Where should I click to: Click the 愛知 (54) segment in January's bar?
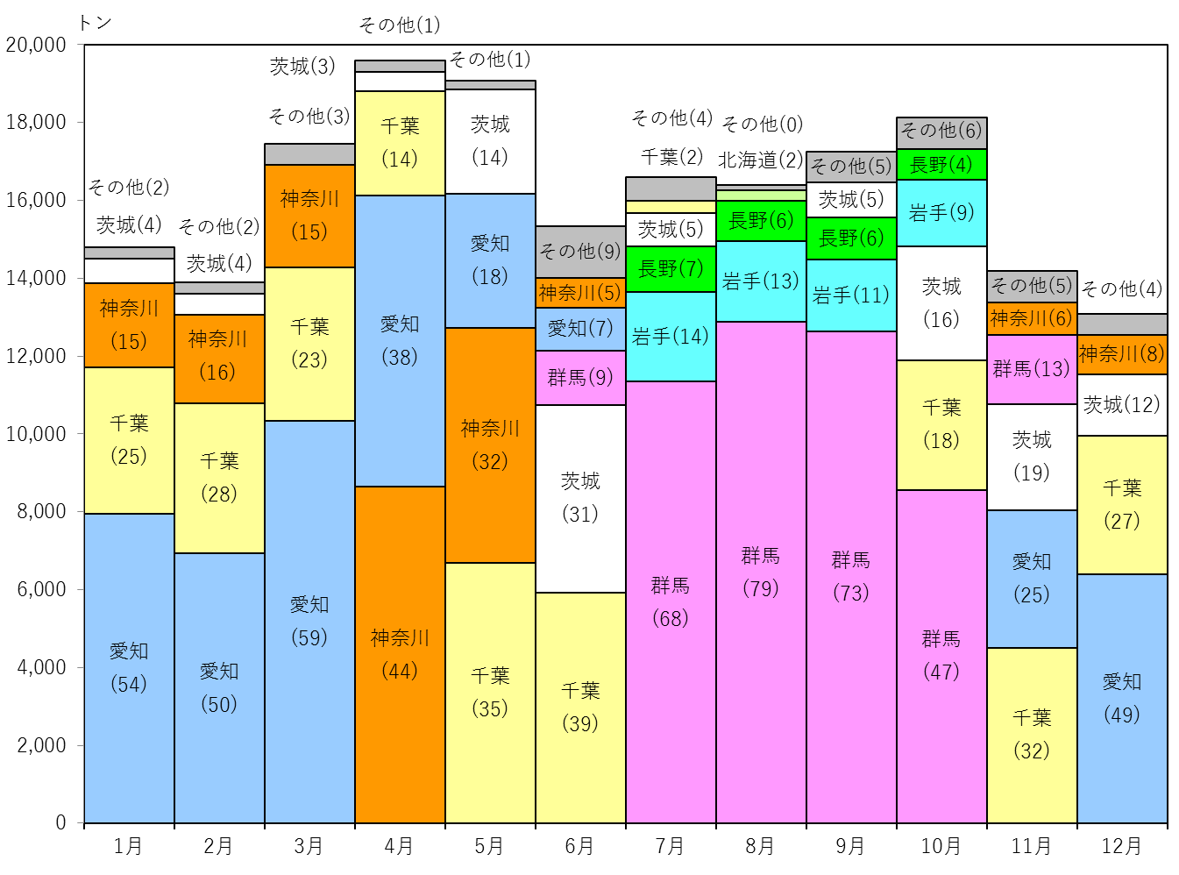click(129, 668)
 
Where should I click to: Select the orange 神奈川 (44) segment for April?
click(400, 655)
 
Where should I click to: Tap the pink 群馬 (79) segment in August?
click(761, 573)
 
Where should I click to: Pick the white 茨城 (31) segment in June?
click(580, 499)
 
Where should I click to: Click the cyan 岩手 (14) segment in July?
click(671, 337)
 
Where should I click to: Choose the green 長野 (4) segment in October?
click(941, 165)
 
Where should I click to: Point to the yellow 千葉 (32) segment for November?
click(1032, 736)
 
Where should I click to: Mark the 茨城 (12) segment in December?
click(1122, 405)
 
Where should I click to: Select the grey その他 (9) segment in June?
click(580, 253)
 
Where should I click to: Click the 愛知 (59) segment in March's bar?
click(310, 622)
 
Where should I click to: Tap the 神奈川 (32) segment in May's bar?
click(490, 445)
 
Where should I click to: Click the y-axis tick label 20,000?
click(36, 46)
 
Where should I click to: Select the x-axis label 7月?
click(670, 846)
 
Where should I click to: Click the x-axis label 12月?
click(1122, 846)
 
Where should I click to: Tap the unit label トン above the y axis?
click(95, 22)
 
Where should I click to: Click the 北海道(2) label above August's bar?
click(761, 160)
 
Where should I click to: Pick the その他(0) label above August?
click(763, 124)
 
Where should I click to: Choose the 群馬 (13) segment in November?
click(1032, 369)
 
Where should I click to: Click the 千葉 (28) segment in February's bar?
click(219, 478)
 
